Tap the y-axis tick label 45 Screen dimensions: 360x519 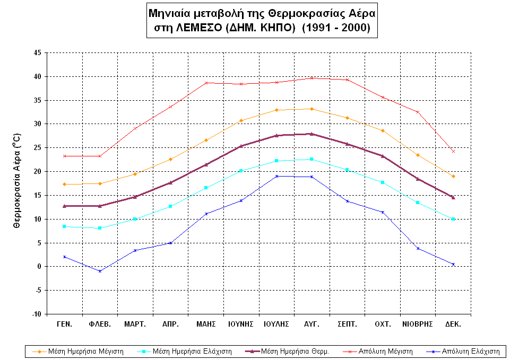[x=37, y=52]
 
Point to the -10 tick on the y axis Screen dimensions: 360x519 [x=36, y=314]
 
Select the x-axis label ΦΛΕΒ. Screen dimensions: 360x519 [x=100, y=323]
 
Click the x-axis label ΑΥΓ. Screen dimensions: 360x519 [x=312, y=323]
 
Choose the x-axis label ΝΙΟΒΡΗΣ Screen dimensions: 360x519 [x=418, y=323]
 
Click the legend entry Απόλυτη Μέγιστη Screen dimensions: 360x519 [x=384, y=351]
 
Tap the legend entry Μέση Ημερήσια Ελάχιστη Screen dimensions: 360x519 [x=192, y=351]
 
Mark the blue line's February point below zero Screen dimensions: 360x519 [x=100, y=271]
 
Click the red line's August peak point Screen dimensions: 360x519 [x=312, y=78]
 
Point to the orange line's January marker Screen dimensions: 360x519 [x=64, y=184]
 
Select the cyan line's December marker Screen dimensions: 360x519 [x=453, y=218]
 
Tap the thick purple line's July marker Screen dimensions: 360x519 [x=276, y=135]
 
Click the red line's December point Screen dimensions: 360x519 [x=453, y=151]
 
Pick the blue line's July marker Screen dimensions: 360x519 [x=276, y=176]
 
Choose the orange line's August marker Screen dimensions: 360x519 [x=312, y=109]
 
